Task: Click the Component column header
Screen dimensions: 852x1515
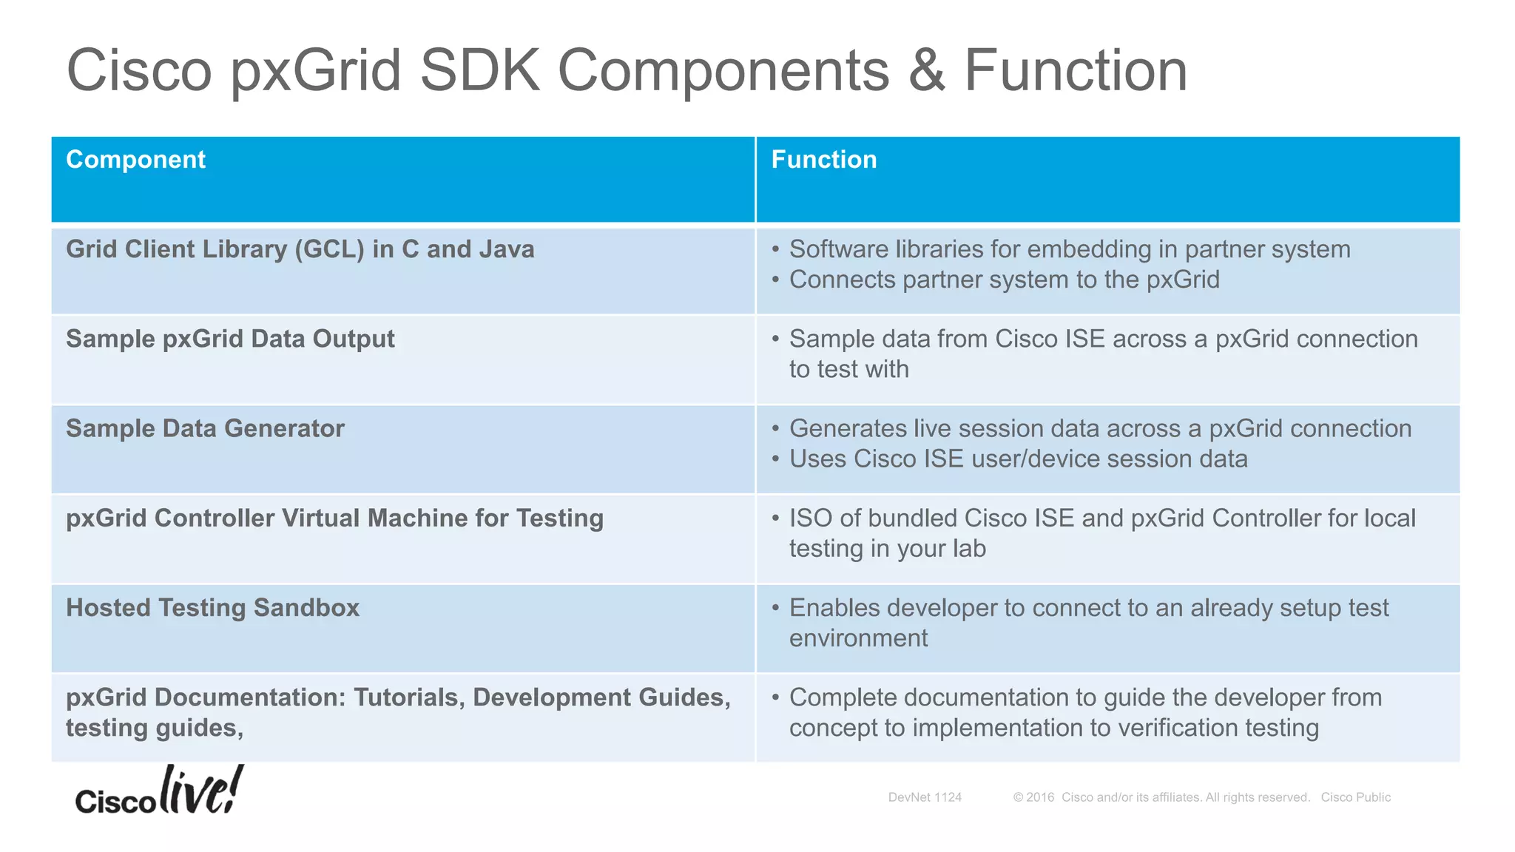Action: point(135,160)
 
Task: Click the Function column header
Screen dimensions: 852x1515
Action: point(823,160)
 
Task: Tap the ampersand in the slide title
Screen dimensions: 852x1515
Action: point(926,70)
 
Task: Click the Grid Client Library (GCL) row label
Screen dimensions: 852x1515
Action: point(300,249)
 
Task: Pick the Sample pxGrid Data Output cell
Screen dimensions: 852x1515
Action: point(230,339)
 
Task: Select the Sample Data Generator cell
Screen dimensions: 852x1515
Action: point(205,428)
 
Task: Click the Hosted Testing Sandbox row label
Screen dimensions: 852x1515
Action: point(212,608)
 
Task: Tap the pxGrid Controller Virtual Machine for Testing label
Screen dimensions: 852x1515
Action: point(334,518)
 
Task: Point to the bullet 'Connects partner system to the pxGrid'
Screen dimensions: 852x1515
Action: point(1004,280)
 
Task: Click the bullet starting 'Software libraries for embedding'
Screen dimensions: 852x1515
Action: point(1069,249)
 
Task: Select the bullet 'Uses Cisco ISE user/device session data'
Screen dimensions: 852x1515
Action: point(1018,459)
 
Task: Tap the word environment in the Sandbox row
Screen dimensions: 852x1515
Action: point(858,638)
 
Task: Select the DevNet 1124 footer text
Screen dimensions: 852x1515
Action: point(925,797)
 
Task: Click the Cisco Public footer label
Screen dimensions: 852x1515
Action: point(1355,797)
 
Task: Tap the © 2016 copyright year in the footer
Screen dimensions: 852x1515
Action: point(1034,797)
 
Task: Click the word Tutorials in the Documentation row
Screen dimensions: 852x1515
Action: point(409,697)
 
